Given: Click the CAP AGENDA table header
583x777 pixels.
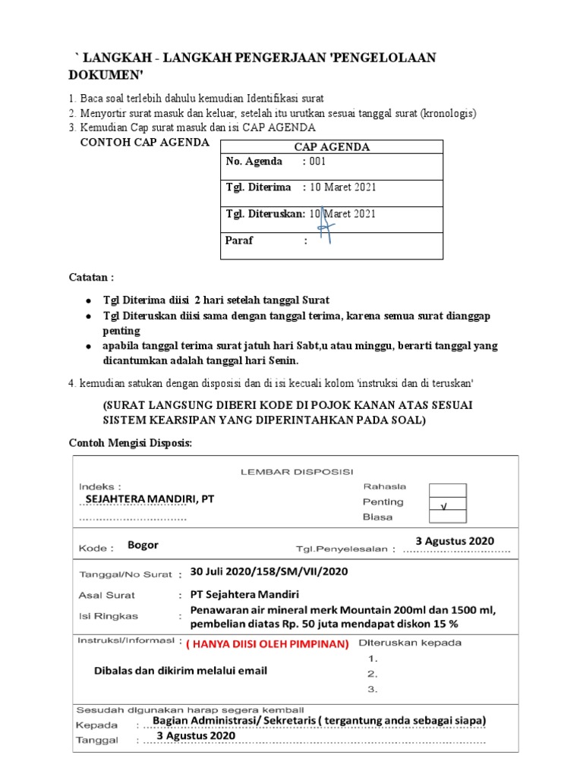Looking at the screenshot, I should pos(331,147).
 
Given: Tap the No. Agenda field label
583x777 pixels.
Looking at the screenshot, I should pos(254,161).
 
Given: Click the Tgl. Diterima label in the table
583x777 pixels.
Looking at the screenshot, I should pos(258,187).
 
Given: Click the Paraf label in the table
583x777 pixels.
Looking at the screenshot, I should pos(240,241).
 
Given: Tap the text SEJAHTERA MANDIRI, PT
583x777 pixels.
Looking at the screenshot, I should pos(150,499).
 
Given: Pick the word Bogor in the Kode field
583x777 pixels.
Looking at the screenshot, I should pos(143,544).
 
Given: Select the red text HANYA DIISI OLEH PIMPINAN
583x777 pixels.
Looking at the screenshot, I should pos(268,643).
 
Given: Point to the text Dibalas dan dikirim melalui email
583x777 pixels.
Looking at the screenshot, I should pos(180,671).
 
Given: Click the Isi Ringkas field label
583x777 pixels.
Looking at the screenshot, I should pos(109,615).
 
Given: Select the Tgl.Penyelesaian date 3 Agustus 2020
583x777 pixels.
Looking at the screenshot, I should pos(455,540).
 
